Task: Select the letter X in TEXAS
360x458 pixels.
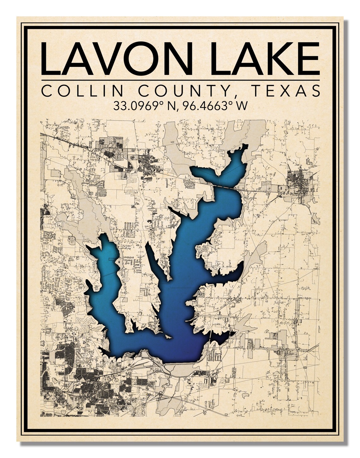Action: click(286, 91)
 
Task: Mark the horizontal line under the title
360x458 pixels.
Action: click(180, 80)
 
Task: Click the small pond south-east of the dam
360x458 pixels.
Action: click(245, 395)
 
